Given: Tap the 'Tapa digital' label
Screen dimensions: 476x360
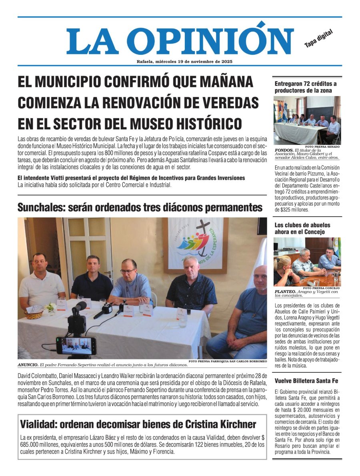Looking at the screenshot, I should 318,38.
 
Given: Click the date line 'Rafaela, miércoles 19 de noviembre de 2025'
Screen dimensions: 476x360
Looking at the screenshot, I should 184,62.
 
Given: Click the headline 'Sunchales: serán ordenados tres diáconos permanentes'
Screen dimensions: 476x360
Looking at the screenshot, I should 140,207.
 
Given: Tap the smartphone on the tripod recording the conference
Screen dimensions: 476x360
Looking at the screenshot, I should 76,345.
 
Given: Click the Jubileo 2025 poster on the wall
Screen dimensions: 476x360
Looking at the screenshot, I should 196,244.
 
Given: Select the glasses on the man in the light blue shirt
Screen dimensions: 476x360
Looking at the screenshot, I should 128,271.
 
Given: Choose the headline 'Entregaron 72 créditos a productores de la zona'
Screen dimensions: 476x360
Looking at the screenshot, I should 306,87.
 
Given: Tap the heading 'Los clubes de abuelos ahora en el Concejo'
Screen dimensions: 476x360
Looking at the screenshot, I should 302,228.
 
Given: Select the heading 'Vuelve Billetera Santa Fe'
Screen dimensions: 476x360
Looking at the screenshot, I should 306,381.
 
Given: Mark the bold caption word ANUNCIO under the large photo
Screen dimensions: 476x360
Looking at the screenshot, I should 30,365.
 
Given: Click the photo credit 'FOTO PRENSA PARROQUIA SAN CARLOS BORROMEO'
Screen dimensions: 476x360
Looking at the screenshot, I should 227,362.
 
